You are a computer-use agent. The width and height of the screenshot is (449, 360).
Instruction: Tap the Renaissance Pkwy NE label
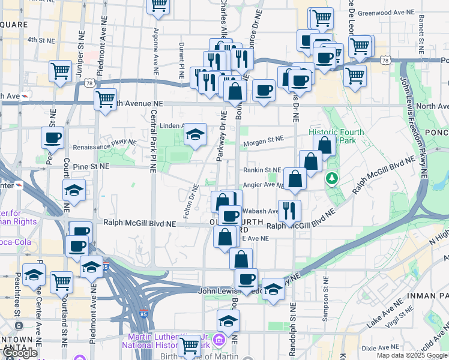104,146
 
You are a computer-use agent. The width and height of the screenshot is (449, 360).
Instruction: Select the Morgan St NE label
263,140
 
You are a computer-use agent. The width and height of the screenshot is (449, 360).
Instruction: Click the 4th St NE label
41,40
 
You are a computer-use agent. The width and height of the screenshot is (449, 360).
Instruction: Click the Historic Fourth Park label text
333,136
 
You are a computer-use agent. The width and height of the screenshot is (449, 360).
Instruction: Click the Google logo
20,353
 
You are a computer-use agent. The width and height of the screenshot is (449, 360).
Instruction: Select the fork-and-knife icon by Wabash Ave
290,209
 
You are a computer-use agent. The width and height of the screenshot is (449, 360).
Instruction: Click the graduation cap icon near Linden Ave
195,135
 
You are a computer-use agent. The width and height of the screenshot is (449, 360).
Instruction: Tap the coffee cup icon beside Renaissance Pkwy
52,137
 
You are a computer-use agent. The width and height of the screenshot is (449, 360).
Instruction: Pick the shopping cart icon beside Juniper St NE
61,71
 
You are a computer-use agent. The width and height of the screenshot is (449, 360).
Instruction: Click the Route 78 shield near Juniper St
89,82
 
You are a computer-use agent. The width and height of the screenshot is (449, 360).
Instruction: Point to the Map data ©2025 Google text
411,355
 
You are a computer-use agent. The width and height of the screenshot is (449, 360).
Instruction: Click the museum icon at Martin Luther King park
218,341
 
